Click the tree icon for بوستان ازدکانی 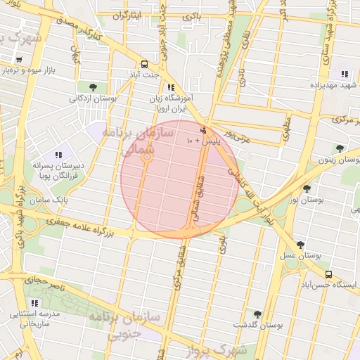(x=93, y=87)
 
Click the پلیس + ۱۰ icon (x=204, y=130)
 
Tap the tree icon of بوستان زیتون (x=340, y=148)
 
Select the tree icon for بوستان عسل (x=300, y=245)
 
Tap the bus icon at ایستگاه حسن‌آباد (x=329, y=274)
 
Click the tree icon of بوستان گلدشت (x=257, y=314)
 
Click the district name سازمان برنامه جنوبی (x=125, y=326)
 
